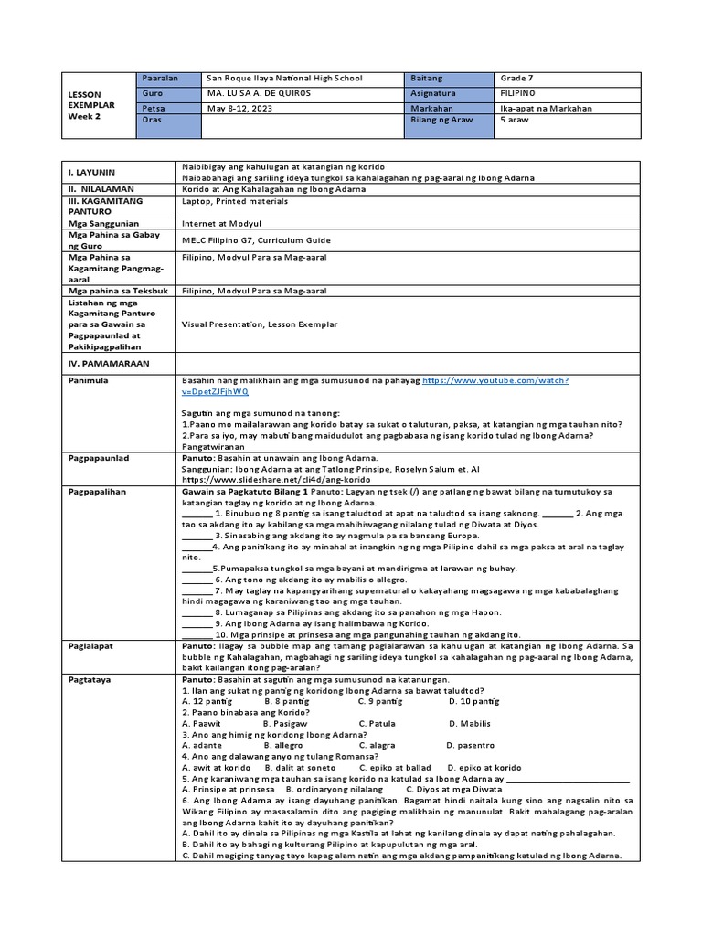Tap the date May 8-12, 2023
tap(240, 108)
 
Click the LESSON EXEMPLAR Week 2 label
tap(91, 105)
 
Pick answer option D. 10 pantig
tap(473, 701)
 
